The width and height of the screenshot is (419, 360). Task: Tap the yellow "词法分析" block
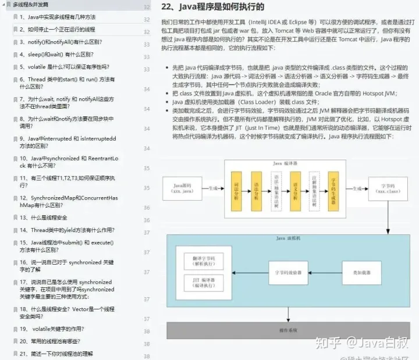(x=236, y=191)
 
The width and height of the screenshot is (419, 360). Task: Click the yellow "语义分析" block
(x=295, y=191)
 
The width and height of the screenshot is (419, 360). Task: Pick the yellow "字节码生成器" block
(x=333, y=191)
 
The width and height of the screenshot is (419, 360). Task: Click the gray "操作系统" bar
(x=289, y=330)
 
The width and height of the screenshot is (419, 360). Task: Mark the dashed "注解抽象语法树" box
(x=314, y=191)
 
